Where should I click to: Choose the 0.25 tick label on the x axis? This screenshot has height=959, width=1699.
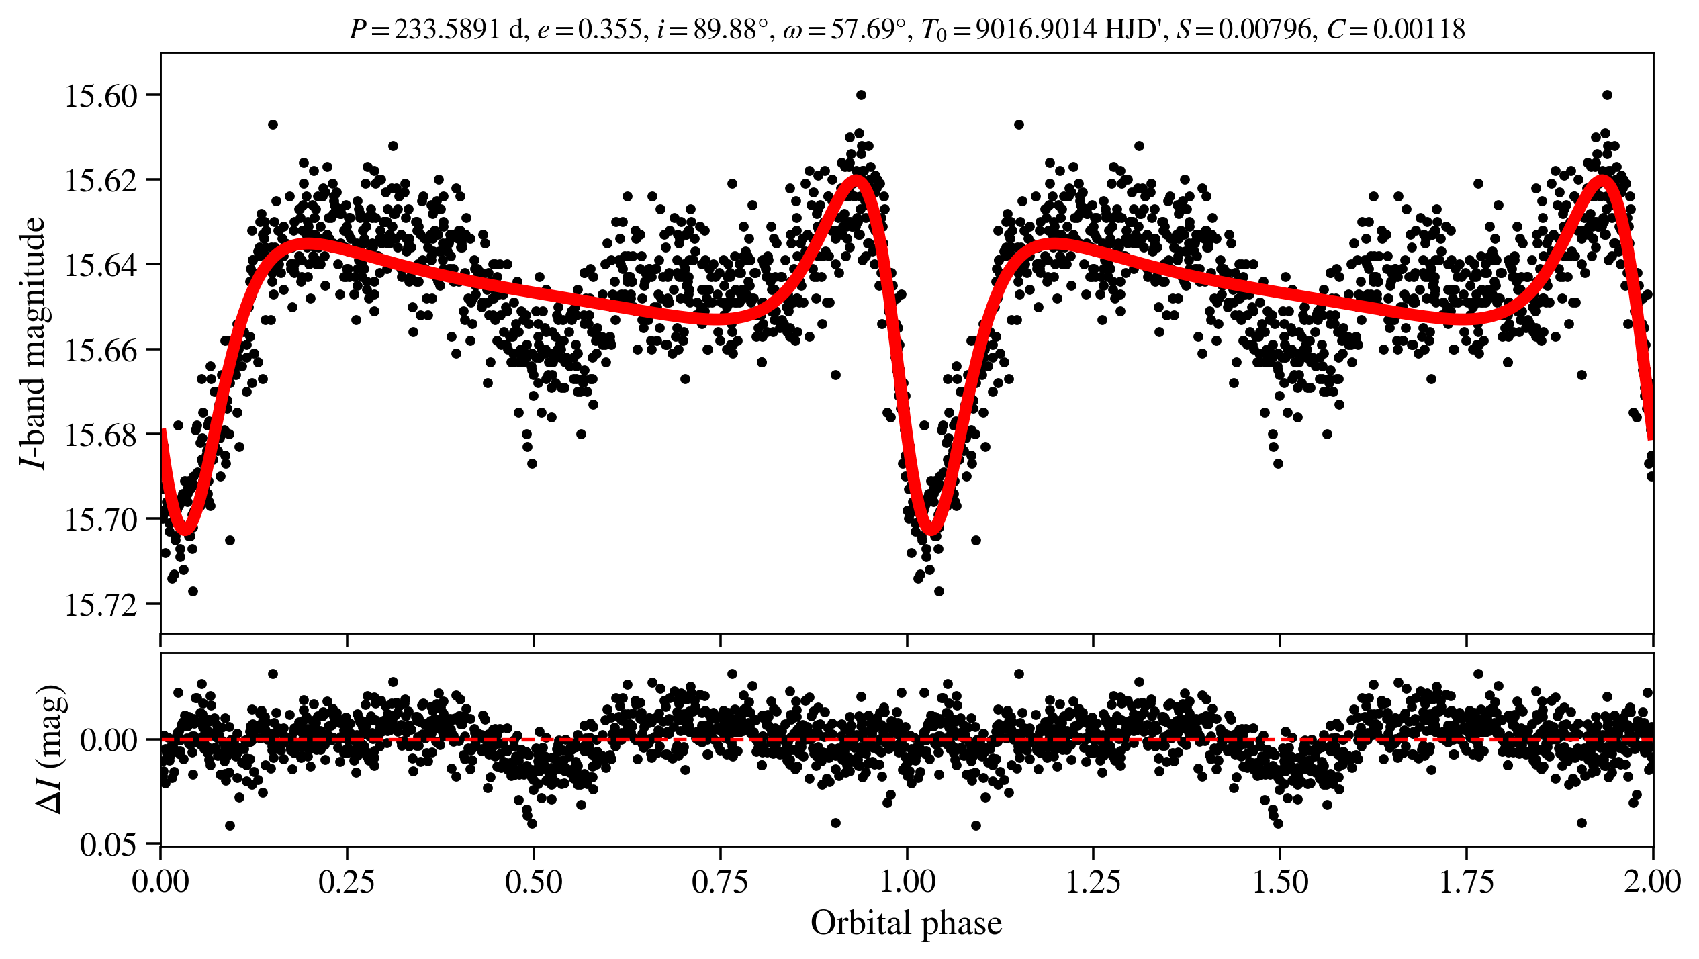pos(347,882)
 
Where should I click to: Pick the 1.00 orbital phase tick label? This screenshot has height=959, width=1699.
pos(907,882)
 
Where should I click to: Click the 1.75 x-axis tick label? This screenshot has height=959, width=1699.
pos(1467,882)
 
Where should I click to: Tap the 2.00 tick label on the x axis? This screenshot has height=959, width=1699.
pos(1652,882)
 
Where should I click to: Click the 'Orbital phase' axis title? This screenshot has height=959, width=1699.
pos(906,923)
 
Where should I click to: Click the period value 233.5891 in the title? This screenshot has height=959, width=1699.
pos(446,30)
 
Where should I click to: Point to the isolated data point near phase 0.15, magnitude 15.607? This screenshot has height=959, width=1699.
pos(273,124)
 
